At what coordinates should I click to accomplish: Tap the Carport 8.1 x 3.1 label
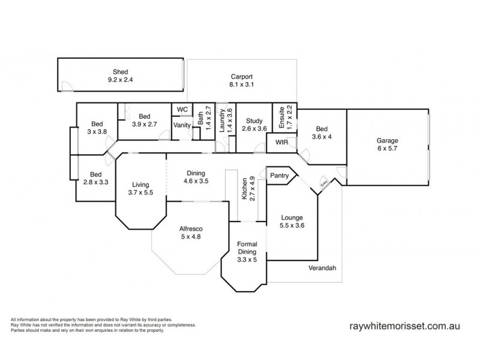click(242, 80)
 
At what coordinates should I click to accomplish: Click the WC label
click(182, 110)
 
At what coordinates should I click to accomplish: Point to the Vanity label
click(182, 125)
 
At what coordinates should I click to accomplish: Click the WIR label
click(281, 143)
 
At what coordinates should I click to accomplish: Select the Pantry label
click(280, 176)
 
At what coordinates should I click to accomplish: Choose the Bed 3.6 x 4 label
click(322, 132)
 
